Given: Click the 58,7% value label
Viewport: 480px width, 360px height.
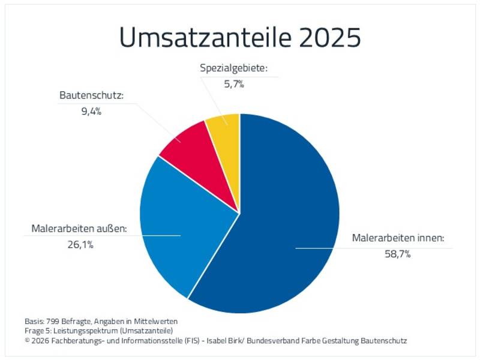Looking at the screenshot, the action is [398, 254].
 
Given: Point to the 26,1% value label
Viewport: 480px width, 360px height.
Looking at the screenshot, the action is [80, 245].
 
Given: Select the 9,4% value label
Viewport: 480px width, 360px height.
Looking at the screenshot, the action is [91, 111].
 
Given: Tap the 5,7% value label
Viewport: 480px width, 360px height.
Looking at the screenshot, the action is [234, 84].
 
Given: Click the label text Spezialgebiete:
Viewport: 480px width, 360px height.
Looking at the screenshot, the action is [234, 68].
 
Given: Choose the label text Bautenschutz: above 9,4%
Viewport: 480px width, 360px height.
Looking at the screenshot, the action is [92, 95].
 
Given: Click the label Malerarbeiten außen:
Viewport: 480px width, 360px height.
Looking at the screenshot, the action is [79, 229].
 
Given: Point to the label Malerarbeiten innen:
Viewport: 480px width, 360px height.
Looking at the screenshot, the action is [398, 238].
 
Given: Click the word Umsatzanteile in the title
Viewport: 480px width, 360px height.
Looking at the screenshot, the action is [205, 37].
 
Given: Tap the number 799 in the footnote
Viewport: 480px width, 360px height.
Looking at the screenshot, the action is [53, 322].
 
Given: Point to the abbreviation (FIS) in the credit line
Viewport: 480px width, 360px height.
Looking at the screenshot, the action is [192, 341].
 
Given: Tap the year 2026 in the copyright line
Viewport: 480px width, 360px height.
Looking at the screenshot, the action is [40, 341].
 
